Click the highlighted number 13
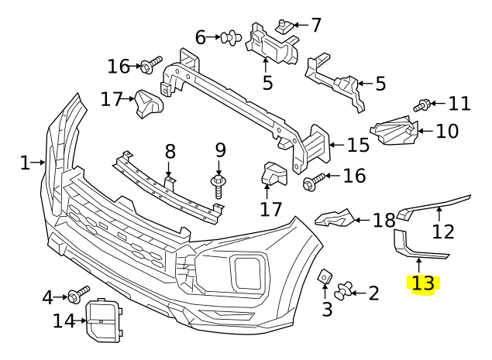click(423, 283)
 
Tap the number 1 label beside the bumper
click(25, 163)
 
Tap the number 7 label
click(315, 25)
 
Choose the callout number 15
click(358, 144)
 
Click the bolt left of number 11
click(425, 103)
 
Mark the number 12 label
click(442, 231)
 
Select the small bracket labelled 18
click(335, 219)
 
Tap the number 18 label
click(384, 221)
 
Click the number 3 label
click(327, 310)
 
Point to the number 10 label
click(447, 131)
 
